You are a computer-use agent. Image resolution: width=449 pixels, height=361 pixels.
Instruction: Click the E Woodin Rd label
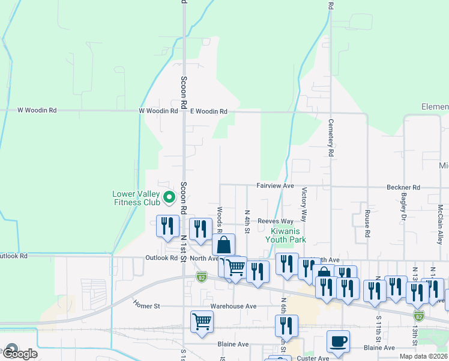point(209,111)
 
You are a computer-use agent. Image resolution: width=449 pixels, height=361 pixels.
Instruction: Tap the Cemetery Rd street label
point(331,138)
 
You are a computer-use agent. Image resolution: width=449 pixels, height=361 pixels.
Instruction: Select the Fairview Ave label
point(276,186)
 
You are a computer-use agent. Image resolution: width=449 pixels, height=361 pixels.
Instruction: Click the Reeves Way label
point(276,221)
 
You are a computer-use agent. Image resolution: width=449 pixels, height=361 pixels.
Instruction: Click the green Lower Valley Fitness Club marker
point(170,196)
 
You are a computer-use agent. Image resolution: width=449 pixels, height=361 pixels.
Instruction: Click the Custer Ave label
point(312,358)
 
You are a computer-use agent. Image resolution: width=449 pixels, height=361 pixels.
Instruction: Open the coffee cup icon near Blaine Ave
point(338,341)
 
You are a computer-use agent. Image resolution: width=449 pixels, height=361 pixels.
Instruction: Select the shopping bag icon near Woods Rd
point(223,245)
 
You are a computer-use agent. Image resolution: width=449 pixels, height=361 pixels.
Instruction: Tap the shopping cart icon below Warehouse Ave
point(202,321)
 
